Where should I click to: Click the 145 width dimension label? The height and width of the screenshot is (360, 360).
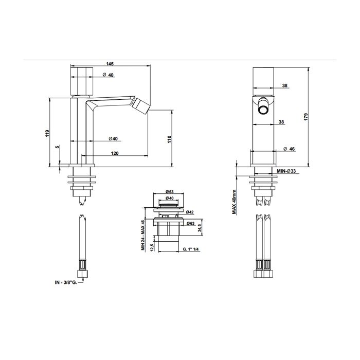tap(110, 64)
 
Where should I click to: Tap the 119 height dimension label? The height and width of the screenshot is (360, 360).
tap(47, 133)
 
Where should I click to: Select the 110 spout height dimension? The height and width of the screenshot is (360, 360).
tap(169, 139)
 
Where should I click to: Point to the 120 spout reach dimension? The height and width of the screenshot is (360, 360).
tap(115, 153)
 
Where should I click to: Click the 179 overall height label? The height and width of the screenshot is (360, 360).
tap(305, 117)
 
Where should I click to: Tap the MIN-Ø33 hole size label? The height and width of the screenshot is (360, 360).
tap(286, 171)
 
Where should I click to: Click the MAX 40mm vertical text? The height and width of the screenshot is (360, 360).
tap(234, 202)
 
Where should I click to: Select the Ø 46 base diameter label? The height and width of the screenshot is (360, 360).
tap(289, 149)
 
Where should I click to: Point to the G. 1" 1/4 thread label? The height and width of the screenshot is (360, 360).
tap(190, 249)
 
